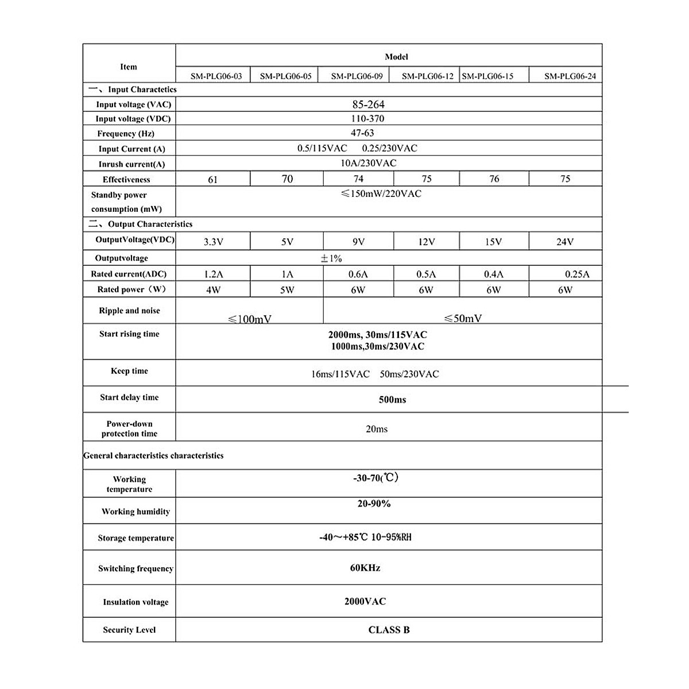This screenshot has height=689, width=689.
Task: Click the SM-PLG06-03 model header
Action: pyautogui.click(x=216, y=76)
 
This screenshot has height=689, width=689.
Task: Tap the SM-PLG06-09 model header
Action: pyautogui.click(x=357, y=76)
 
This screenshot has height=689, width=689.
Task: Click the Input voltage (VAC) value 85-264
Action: pyautogui.click(x=369, y=104)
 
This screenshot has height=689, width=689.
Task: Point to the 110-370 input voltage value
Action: pyautogui.click(x=367, y=119)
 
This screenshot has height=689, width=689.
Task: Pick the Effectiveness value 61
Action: pyautogui.click(x=213, y=180)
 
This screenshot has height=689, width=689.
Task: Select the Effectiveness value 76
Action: pyautogui.click(x=494, y=179)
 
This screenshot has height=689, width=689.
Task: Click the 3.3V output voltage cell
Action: pyautogui.click(x=213, y=242)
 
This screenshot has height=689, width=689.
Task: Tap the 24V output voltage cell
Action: pyautogui.click(x=565, y=242)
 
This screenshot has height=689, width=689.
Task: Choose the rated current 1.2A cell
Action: pyautogui.click(x=213, y=274)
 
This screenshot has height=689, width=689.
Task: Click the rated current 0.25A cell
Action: pyautogui.click(x=577, y=274)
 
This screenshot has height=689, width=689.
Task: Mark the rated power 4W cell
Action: pyautogui.click(x=213, y=290)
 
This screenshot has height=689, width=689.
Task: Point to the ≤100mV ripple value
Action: pyautogui.click(x=250, y=319)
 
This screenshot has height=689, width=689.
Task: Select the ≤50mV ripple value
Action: pyautogui.click(x=463, y=318)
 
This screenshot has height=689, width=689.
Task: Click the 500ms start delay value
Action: pyautogui.click(x=392, y=400)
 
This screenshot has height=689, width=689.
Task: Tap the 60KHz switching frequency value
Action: pyautogui.click(x=365, y=568)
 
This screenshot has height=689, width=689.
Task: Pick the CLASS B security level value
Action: pyautogui.click(x=389, y=630)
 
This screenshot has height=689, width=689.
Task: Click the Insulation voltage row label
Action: pyautogui.click(x=136, y=602)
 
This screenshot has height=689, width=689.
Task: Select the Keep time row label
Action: pyautogui.click(x=129, y=371)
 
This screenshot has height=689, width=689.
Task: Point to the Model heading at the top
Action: pyautogui.click(x=396, y=57)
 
